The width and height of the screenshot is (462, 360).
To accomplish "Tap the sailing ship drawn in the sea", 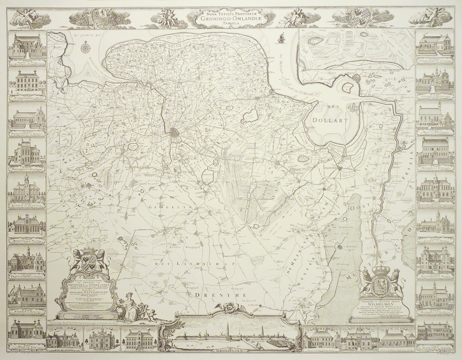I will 281,38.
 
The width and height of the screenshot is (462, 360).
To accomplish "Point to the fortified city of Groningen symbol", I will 177,134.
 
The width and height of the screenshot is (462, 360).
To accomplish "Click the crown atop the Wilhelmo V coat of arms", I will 382,270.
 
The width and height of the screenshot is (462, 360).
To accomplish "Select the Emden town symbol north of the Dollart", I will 357,78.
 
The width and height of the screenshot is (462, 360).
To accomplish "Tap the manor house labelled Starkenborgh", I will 26,81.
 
